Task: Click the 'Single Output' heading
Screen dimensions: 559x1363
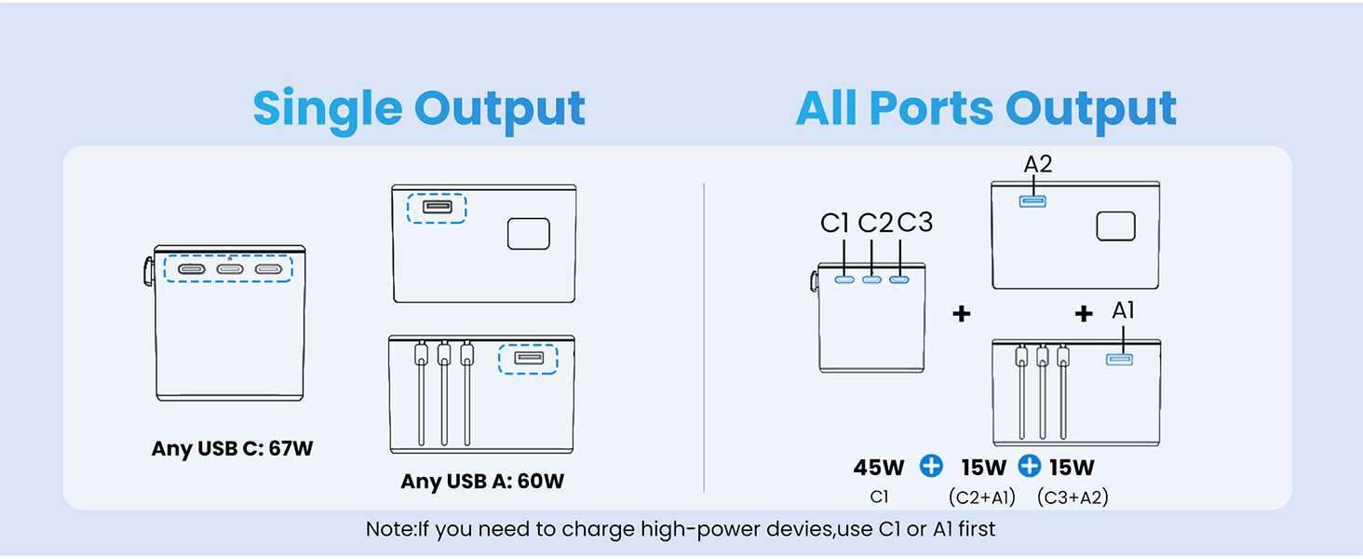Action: [x=419, y=110]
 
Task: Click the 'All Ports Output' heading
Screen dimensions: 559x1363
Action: [x=986, y=110]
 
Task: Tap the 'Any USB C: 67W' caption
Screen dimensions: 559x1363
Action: [x=233, y=449]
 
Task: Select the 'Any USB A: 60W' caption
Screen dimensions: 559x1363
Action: [x=482, y=482]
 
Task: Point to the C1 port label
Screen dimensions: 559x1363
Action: [x=835, y=224]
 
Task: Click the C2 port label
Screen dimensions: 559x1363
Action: [x=875, y=224]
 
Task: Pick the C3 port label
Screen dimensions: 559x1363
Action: [x=914, y=224]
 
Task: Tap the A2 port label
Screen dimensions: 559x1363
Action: [x=1038, y=165]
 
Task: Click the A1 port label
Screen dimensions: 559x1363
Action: [x=1124, y=311]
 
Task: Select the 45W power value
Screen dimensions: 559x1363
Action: [x=879, y=468]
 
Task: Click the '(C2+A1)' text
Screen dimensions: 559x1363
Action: [x=982, y=498]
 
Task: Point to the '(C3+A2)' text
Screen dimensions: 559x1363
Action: [x=1073, y=498]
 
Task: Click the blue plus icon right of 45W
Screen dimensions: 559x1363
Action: [x=931, y=467]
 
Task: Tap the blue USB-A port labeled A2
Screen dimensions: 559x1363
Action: [x=1032, y=200]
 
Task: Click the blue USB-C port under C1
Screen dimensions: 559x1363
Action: [x=845, y=279]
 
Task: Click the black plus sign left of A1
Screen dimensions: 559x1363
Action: [x=1084, y=314]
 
